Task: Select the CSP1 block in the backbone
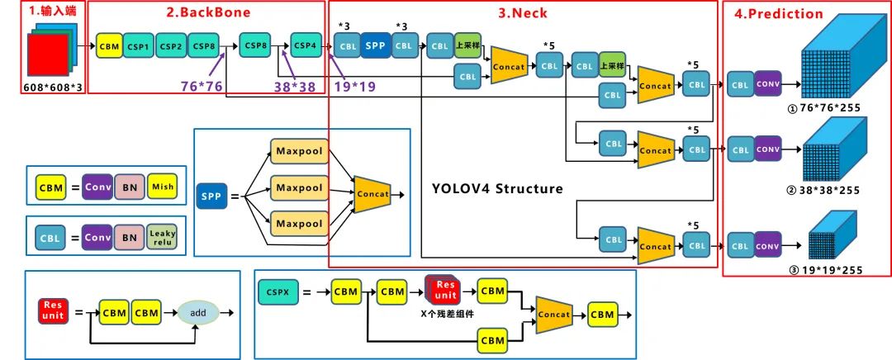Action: coord(138,46)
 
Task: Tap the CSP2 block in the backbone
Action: coord(170,46)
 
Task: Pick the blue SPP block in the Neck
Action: coord(374,45)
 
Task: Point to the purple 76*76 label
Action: coord(202,85)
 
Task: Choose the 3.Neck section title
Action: coord(522,12)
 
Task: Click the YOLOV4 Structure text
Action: coord(497,188)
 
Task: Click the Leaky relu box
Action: coord(162,238)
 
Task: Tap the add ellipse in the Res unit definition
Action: coord(197,313)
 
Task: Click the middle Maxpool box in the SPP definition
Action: coord(299,187)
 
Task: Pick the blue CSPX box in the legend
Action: coord(275,291)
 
